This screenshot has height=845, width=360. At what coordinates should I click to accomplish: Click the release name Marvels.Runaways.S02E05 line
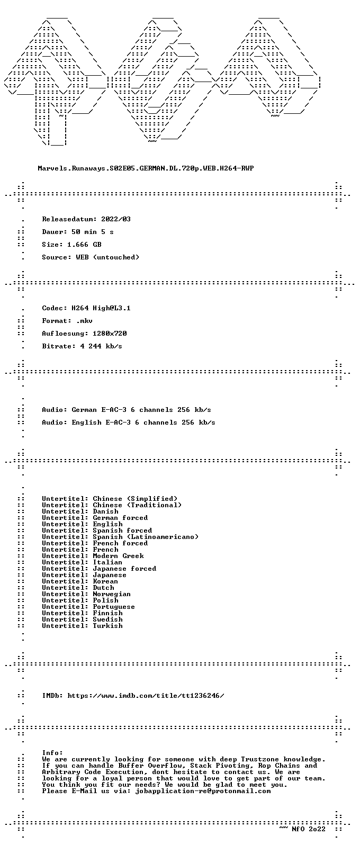146,168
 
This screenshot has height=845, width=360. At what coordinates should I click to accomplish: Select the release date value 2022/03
116,219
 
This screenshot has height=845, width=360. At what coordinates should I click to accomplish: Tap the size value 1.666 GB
84,245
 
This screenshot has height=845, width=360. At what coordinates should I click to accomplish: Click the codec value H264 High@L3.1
101,308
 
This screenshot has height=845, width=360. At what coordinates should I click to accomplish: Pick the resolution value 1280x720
110,334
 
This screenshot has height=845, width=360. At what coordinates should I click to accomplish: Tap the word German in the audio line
84,410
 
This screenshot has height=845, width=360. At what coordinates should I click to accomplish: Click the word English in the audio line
86,422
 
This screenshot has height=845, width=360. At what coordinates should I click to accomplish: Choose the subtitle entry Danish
106,511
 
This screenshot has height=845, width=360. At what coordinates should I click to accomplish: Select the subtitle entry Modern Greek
118,556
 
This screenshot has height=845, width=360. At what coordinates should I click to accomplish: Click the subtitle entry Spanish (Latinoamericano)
146,537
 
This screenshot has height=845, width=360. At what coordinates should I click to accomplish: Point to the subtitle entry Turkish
107,626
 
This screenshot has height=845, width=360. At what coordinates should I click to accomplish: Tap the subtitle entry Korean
105,581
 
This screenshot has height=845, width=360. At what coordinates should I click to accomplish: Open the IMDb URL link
146,696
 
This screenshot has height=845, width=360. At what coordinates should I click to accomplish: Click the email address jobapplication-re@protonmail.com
203,791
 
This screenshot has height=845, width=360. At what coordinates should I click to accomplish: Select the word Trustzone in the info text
260,759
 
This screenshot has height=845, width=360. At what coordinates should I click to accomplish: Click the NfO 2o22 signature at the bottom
302,829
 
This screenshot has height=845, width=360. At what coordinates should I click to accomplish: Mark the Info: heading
52,753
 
